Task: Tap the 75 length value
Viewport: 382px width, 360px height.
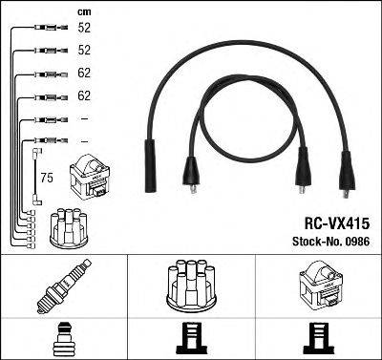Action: click(46, 177)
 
